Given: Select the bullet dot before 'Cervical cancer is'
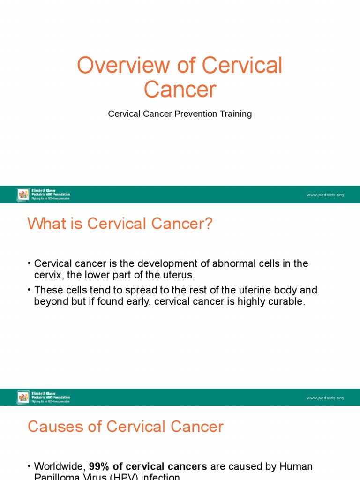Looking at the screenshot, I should [29, 264].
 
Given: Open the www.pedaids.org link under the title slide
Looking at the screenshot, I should [325, 195].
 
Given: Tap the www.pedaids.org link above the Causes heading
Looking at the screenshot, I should [325, 398].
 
